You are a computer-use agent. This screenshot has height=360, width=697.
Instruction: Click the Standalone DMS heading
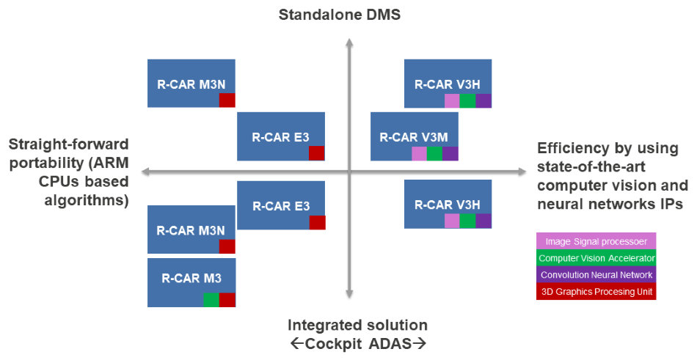pos(340,14)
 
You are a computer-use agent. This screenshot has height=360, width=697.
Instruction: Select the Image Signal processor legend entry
pos(596,241)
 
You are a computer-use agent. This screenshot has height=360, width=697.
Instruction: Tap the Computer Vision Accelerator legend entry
pos(596,258)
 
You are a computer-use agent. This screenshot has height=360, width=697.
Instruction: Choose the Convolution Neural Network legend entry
pos(596,275)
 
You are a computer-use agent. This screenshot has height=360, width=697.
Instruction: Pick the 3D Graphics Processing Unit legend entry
pos(596,292)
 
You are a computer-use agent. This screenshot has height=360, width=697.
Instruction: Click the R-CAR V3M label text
pos(414,137)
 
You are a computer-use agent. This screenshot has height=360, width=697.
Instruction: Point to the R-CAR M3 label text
pos(191,279)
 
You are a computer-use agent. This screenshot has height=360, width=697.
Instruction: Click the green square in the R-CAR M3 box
pos(211,300)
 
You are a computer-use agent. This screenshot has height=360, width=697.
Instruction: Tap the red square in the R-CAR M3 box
pos(227,300)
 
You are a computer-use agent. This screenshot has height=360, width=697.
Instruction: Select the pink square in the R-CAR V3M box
pos(419,153)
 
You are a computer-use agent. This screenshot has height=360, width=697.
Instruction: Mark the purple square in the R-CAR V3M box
pos(450,153)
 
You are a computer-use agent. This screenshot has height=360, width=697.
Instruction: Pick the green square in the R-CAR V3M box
pos(434,153)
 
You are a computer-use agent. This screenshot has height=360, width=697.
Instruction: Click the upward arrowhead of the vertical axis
pos(349,43)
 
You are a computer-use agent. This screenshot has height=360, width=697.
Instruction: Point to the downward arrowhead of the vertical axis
pos(349,293)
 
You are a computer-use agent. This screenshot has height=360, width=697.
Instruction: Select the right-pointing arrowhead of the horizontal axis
pos(522,172)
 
